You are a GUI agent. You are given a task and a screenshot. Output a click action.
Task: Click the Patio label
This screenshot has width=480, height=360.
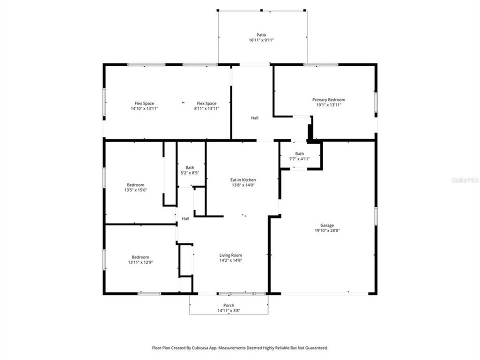(x=261, y=35)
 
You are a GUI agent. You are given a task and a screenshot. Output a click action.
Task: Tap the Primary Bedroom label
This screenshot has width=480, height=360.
(x=328, y=99)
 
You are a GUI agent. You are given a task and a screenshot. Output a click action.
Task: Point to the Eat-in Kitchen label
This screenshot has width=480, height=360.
(x=243, y=179)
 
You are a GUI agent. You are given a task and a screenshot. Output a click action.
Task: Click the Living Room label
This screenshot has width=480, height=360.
(x=230, y=255)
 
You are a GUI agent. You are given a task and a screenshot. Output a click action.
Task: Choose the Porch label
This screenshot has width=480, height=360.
(x=228, y=305)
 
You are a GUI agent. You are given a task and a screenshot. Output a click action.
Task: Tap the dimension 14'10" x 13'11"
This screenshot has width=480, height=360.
(x=144, y=108)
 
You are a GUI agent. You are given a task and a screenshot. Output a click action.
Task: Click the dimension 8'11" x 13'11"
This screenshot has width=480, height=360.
(x=206, y=108)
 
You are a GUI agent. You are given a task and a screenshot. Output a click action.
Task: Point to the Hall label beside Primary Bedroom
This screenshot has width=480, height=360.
(x=254, y=118)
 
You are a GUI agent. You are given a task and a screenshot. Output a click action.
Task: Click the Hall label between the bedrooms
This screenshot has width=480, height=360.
(x=185, y=218)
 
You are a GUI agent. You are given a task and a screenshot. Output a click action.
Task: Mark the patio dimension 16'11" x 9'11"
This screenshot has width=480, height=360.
(x=261, y=40)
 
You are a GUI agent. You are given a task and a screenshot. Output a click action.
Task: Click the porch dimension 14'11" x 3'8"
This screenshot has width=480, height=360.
(x=228, y=310)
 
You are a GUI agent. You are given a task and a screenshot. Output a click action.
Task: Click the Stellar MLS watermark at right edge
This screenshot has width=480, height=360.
(x=464, y=179)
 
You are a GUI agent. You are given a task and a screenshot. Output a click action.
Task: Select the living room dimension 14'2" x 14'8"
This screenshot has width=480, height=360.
(x=230, y=260)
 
